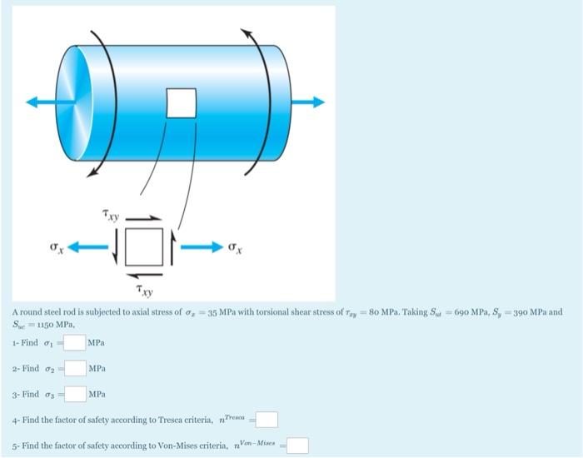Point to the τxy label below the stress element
pyautogui.click(x=143, y=291)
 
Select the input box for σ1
pyautogui.click(x=75, y=342)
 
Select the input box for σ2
pyautogui.click(x=76, y=368)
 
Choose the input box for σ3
pyautogui.click(x=76, y=394)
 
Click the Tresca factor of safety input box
pyautogui.click(x=267, y=420)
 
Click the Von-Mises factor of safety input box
pyautogui.click(x=297, y=446)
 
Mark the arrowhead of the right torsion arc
pyautogui.click(x=247, y=32)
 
